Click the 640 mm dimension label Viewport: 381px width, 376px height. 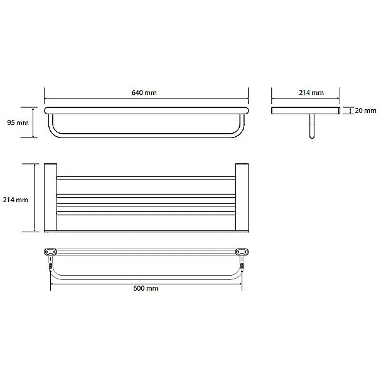pos(144,93)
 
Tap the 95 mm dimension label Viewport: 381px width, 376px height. pos(18,122)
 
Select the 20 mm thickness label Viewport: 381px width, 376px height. pos(365,110)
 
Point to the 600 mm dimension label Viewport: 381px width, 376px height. pos(146,288)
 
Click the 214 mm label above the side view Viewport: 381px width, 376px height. pos(311,93)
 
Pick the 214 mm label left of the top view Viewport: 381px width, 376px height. pos(15,200)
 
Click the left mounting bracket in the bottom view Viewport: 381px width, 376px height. pos(51,252)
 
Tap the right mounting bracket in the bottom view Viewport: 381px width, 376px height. pos(242,252)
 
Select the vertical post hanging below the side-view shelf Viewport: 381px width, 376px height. pos(312,126)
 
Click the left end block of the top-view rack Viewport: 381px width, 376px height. pos(51,197)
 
